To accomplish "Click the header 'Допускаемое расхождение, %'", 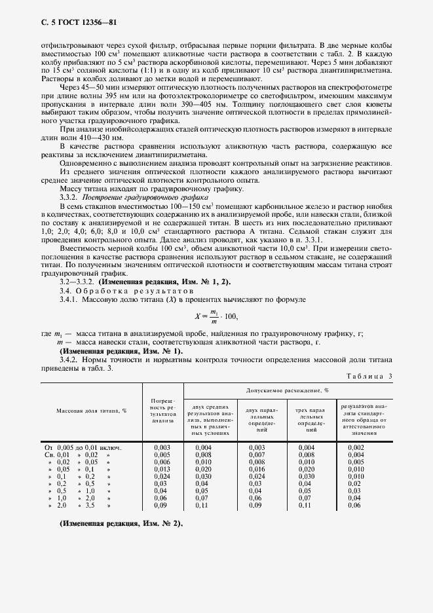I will tap(288, 390).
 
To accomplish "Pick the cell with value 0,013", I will tap(162, 469).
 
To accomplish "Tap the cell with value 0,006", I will tap(162, 462).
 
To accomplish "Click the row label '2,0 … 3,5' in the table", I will tap(78, 505).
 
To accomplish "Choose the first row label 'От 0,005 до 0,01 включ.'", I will tap(83, 447).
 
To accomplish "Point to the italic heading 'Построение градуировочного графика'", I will tap(136, 196).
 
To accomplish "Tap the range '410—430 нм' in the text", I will tap(89, 139).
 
